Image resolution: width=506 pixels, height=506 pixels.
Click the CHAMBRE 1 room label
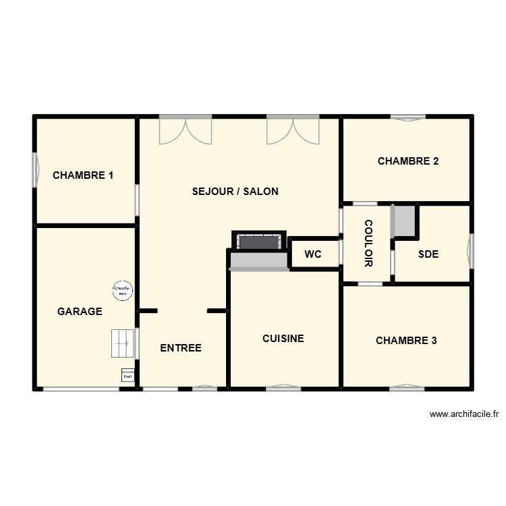coord(83,175)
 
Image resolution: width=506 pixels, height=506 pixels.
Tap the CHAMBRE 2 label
coord(408,161)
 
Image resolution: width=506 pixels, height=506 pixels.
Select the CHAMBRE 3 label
coord(406,341)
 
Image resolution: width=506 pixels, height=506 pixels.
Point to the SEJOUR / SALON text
coord(235,192)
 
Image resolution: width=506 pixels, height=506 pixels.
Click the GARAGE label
coord(80,311)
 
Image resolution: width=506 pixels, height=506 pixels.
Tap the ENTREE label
coord(181,348)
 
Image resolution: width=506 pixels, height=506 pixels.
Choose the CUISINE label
coord(283,339)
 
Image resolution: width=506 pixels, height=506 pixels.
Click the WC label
coord(312,254)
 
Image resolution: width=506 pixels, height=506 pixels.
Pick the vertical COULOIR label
coord(368,243)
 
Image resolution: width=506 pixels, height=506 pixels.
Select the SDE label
coord(428,254)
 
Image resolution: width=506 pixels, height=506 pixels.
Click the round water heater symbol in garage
coord(122,290)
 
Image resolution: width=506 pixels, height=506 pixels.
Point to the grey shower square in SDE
coord(404,221)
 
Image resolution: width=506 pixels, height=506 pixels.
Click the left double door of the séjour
coord(186,130)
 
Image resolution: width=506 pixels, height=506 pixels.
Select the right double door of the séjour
coord(293,130)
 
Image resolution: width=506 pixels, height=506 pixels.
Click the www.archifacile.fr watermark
coord(463,414)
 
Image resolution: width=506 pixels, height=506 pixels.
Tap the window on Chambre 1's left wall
coord(36,169)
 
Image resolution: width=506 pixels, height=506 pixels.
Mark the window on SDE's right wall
coord(471,251)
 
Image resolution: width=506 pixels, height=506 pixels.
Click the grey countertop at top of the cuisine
coord(260,260)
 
